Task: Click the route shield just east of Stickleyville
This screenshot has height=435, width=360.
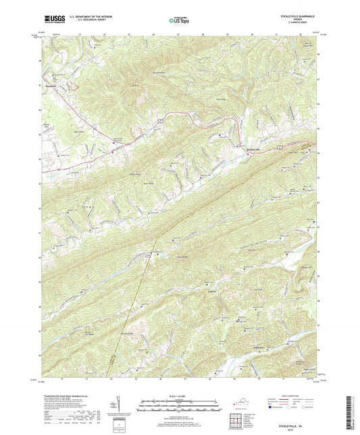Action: [x=278, y=145]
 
